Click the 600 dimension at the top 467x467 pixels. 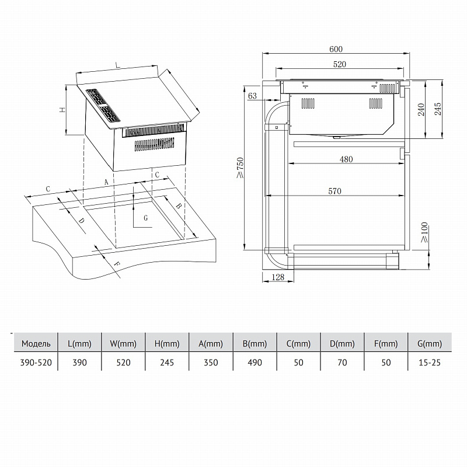coord(335,49)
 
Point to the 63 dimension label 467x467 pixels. coord(253,95)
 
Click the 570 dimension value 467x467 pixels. coord(334,191)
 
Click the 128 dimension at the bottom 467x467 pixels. coord(278,278)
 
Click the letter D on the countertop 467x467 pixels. coord(82,220)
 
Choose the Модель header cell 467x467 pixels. coord(36,343)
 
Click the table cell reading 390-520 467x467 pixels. coord(36,363)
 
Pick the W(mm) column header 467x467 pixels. coord(123,343)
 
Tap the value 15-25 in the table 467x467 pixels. coord(429,363)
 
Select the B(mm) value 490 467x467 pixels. coord(255,363)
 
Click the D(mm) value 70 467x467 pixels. coord(342,363)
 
